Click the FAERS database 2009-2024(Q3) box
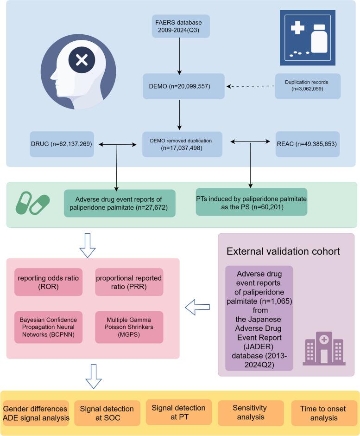pos(181,26)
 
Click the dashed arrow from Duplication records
pos(251,86)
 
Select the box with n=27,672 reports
pos(120,203)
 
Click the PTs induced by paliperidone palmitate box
pos(251,201)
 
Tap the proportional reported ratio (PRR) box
pos(129,282)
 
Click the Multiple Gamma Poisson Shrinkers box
pos(129,327)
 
